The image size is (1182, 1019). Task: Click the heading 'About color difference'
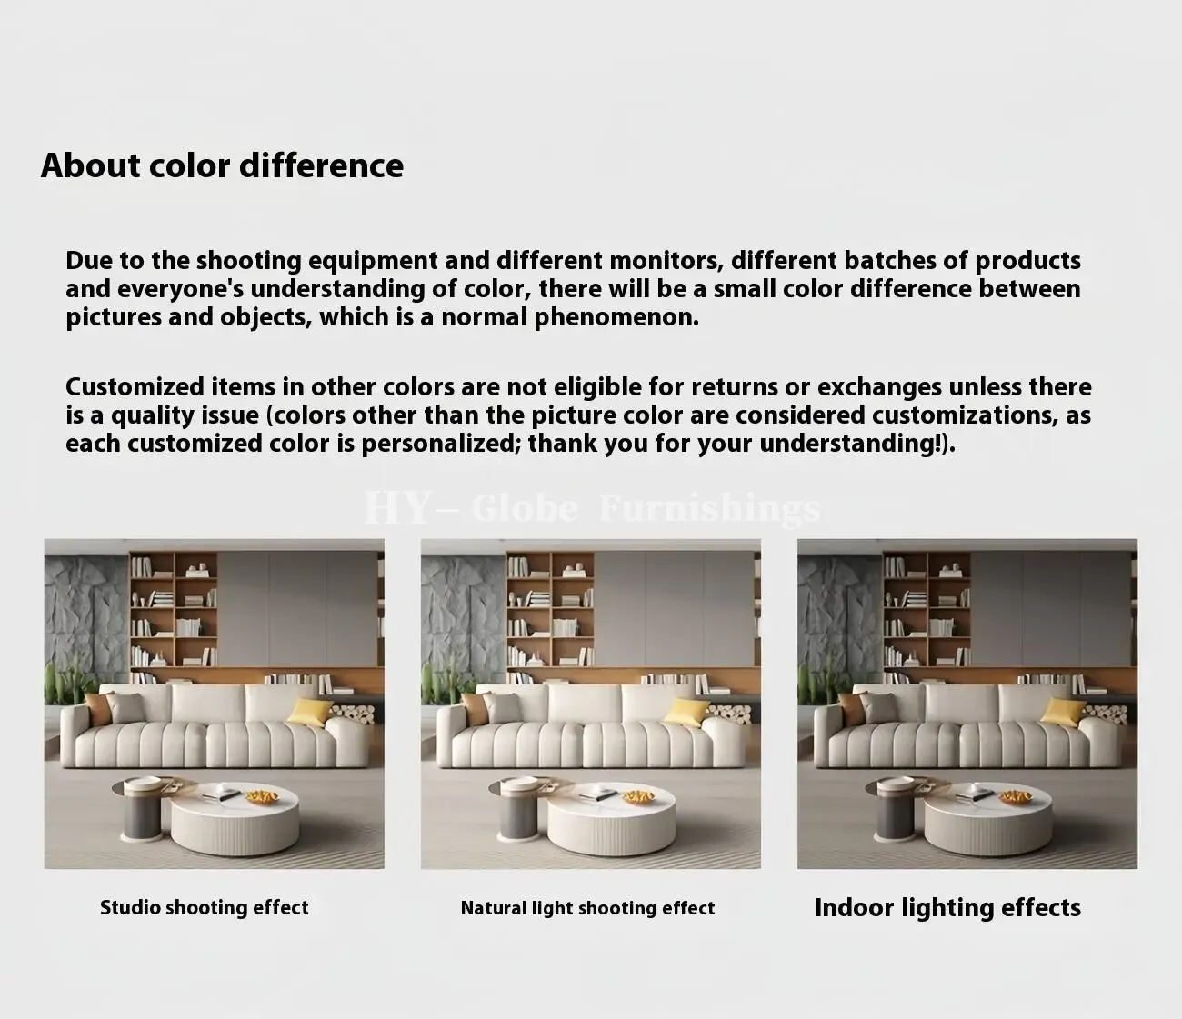click(222, 165)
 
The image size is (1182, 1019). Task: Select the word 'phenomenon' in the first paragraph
click(616, 318)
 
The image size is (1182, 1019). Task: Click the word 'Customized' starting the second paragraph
click(135, 387)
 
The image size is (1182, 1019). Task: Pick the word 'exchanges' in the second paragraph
click(879, 387)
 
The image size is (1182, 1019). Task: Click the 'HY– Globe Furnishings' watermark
click(592, 508)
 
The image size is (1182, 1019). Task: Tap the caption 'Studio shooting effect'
click(205, 907)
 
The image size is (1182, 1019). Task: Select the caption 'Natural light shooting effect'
click(588, 908)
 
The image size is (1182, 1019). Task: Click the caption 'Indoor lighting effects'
click(947, 907)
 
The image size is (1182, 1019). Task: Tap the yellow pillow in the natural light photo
click(686, 712)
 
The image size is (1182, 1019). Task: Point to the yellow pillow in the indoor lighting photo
click(1063, 712)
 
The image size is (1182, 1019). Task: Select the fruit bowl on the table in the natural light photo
click(640, 796)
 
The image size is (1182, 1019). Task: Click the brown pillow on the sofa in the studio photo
click(98, 707)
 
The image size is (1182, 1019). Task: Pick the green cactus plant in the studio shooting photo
click(59, 684)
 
